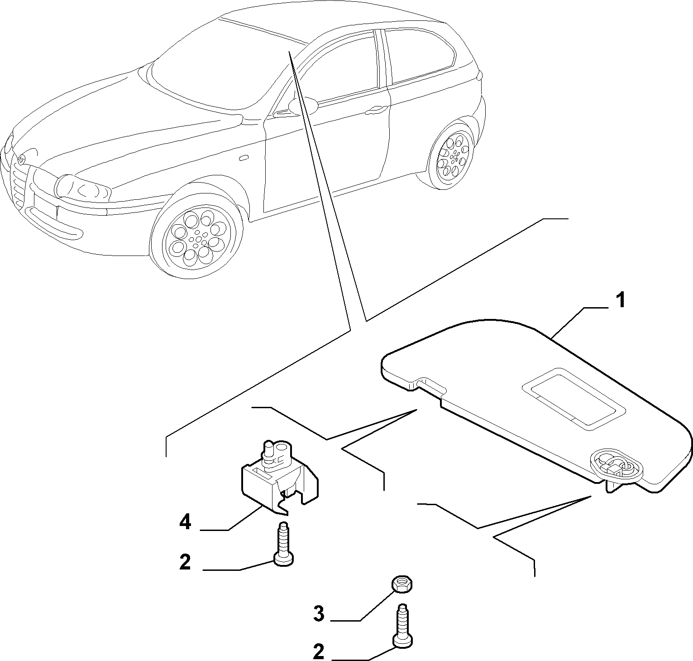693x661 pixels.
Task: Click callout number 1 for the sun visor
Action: tap(621, 301)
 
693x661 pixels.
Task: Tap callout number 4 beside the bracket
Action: tap(185, 522)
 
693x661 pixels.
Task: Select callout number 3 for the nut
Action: tap(319, 615)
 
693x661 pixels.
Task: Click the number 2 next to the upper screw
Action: tap(185, 562)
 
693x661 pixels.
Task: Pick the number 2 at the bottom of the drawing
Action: tap(319, 652)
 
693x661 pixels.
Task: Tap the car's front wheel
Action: tap(198, 236)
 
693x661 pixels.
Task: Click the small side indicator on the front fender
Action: tap(244, 158)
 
